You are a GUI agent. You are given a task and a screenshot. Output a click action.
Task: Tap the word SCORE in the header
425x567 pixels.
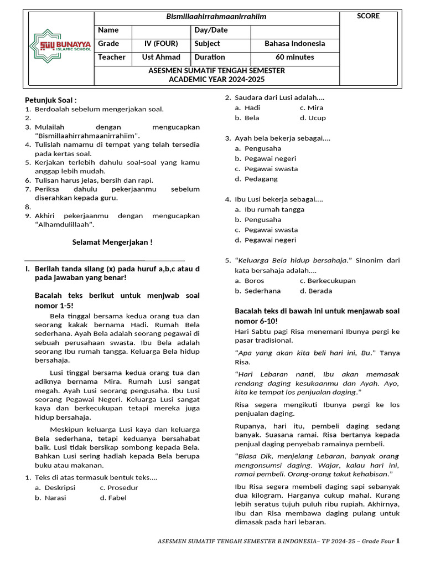tap(368, 16)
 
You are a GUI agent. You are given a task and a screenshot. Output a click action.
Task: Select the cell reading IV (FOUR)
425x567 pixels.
tap(162, 44)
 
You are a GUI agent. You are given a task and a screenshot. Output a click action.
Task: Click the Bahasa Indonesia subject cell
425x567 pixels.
tap(294, 44)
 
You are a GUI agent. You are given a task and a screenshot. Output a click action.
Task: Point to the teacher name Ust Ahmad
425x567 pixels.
tap(162, 57)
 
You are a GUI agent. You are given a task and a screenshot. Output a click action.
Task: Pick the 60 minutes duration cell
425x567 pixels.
tap(294, 57)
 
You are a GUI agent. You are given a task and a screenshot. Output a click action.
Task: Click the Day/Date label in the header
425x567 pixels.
tap(211, 30)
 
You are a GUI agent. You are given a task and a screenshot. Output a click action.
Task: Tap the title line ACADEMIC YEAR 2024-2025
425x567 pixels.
tap(216, 80)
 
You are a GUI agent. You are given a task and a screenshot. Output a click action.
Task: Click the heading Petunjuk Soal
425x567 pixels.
tap(51, 100)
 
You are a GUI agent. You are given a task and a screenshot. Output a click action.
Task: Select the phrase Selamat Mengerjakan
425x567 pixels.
tap(112, 242)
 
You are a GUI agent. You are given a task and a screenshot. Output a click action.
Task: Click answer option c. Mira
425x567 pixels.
tap(311, 108)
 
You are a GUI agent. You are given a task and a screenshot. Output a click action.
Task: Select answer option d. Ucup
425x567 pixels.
tap(313, 118)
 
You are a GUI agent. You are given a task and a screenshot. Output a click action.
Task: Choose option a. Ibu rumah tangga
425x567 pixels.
tap(269, 209)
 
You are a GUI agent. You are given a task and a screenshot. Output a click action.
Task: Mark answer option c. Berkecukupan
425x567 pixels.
tap(328, 281)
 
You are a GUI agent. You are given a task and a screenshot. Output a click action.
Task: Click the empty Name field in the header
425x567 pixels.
tap(162, 30)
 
